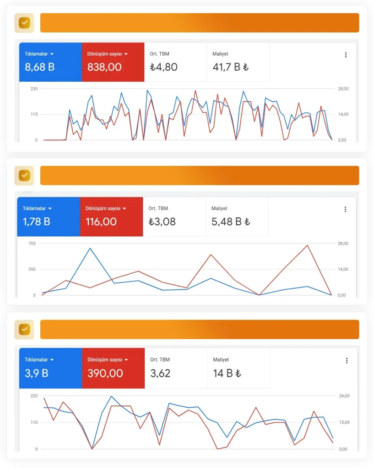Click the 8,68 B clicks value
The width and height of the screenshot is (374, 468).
point(40,67)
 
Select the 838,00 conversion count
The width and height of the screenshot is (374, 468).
point(104,67)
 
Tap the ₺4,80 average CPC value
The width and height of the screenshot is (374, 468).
point(163,67)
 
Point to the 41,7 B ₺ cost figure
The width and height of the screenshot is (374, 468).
point(230,67)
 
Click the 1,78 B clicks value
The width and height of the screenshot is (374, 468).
point(37,222)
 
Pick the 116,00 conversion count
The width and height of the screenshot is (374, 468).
point(101,222)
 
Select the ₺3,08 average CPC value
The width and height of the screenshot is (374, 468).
point(162,222)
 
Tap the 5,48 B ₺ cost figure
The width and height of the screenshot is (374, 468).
point(230,222)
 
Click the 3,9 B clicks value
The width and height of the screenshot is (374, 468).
point(37,373)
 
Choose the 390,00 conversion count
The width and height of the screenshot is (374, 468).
point(105,373)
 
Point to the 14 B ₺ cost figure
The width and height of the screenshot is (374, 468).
point(227,373)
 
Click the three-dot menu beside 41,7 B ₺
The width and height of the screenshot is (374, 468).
point(346,55)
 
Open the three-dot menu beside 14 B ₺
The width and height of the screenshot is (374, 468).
point(347,361)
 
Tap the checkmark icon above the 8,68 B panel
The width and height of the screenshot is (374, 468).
point(24,23)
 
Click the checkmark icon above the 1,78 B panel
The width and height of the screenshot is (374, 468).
point(24,175)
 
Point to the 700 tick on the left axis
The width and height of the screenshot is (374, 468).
point(32,243)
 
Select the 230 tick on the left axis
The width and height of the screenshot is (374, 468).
point(34,89)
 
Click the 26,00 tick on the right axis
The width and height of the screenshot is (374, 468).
point(344,396)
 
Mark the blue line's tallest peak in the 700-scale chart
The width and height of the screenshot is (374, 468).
point(90,248)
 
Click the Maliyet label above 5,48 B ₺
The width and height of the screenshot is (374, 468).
point(219,208)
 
